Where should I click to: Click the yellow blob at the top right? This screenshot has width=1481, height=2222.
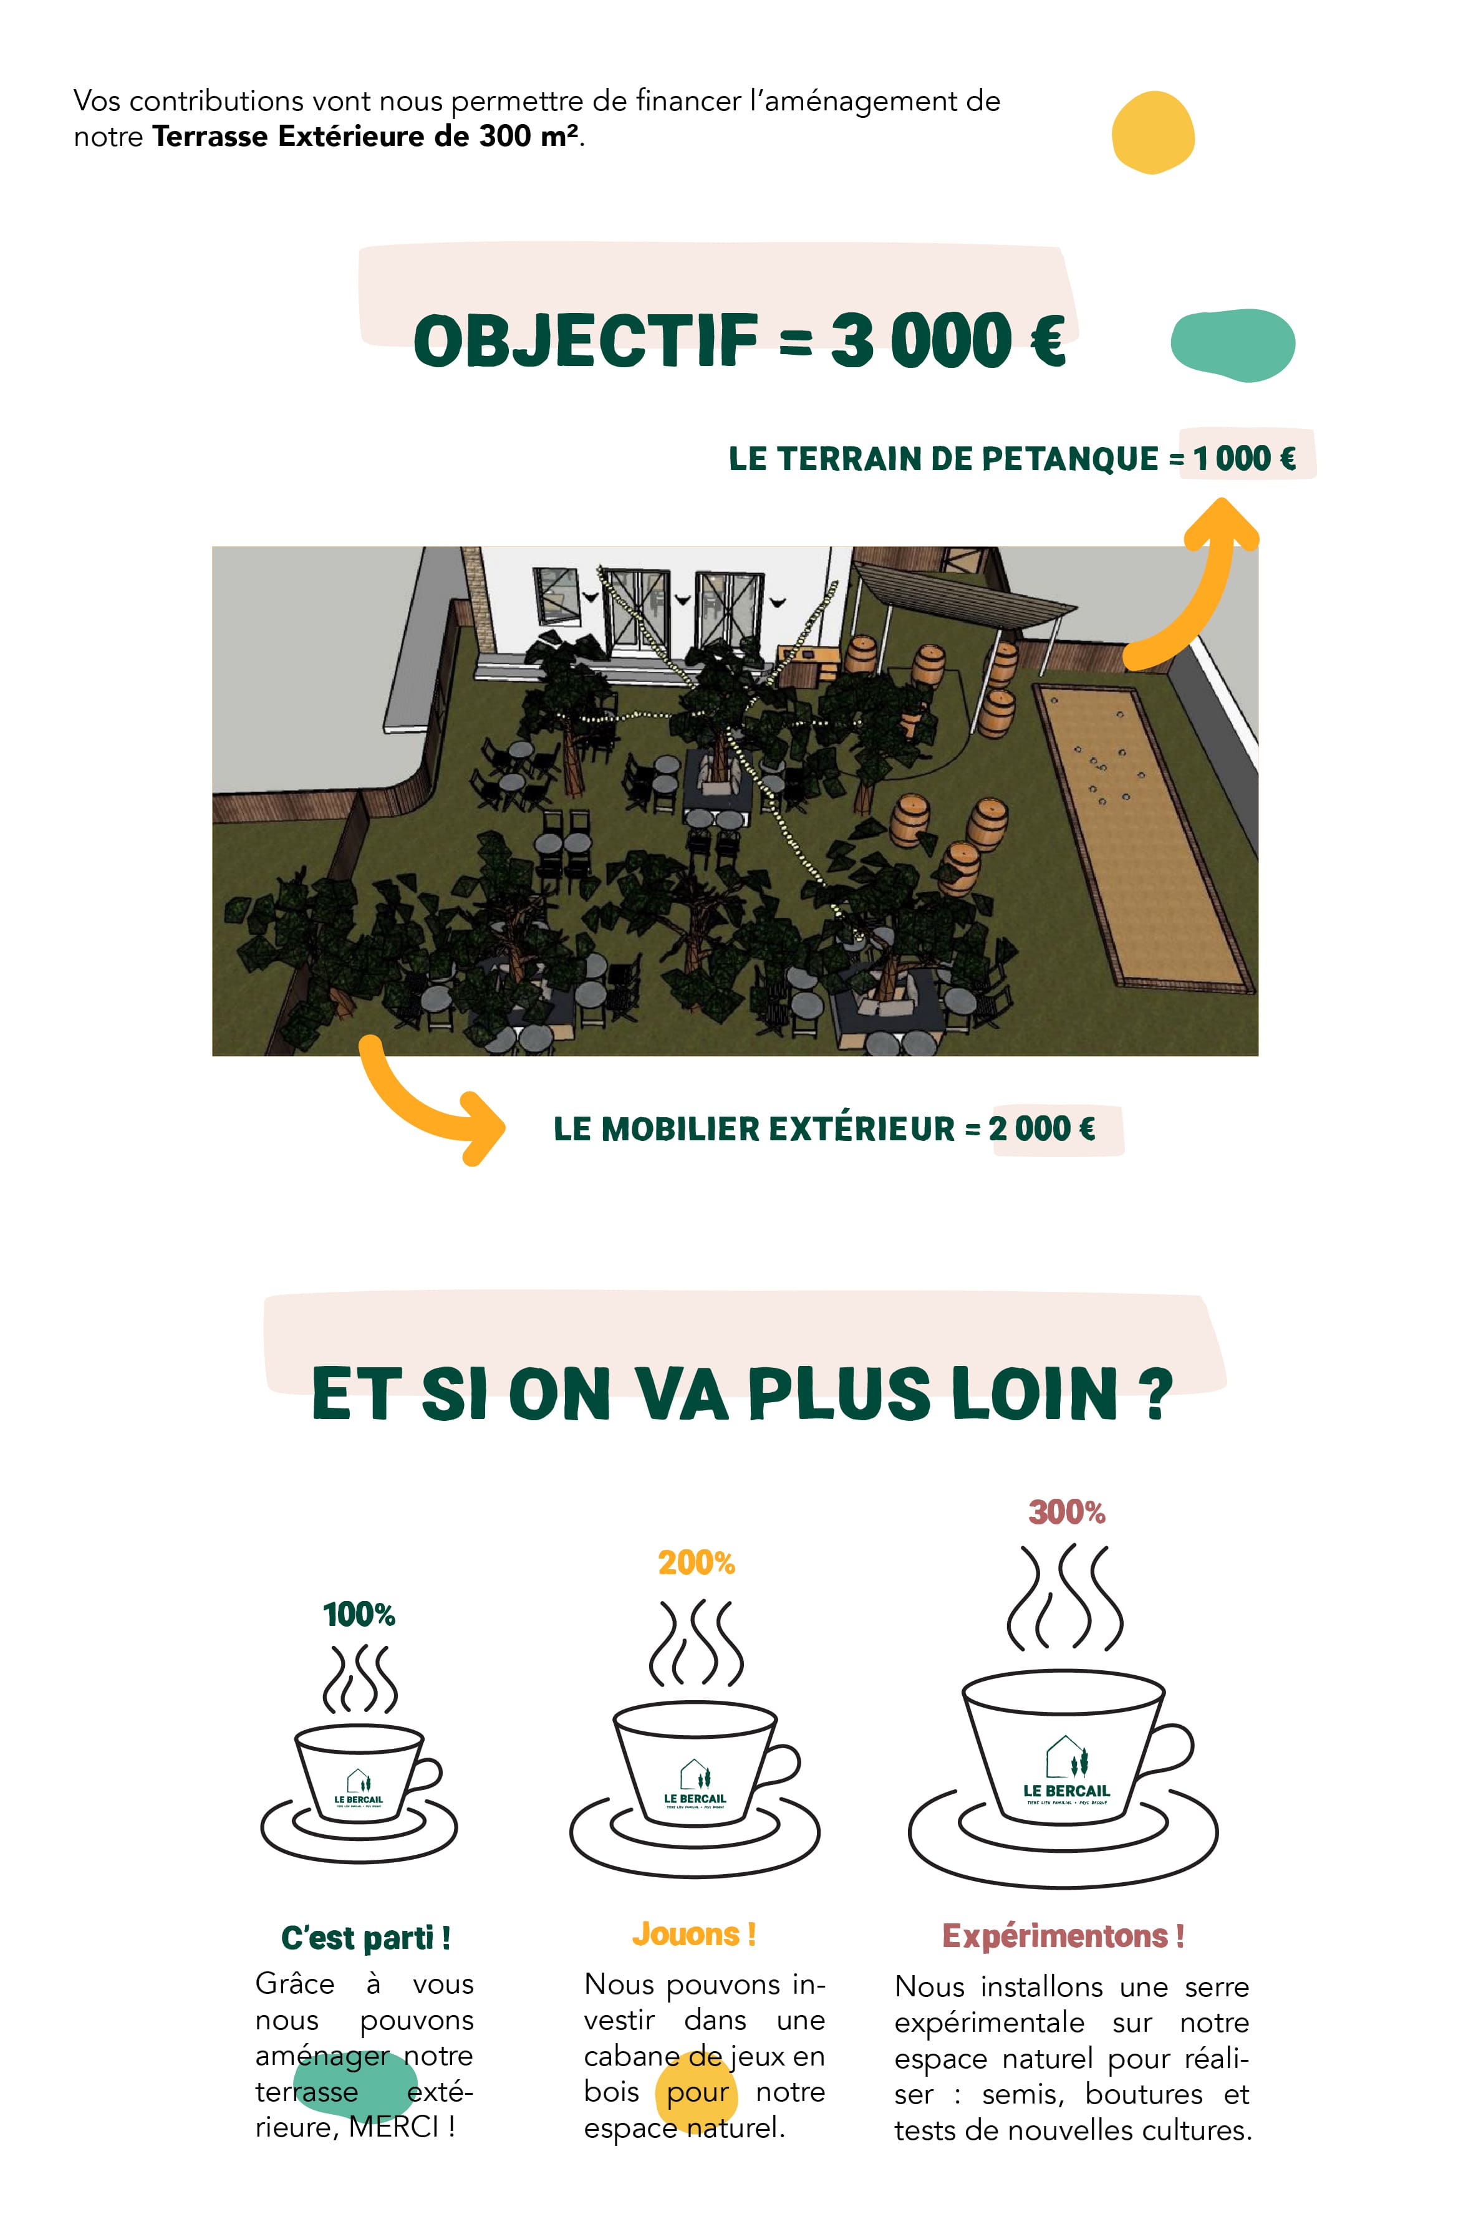[x=1152, y=132]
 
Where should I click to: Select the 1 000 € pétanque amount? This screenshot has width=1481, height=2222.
[x=1244, y=459]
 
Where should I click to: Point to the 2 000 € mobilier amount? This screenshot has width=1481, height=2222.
[x=1042, y=1128]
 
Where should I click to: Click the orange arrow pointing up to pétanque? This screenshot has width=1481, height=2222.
[x=1200, y=585]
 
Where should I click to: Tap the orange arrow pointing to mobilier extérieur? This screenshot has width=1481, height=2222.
[x=425, y=1100]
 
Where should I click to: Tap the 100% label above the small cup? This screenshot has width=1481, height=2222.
[x=359, y=1615]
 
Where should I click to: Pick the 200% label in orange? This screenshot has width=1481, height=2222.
[x=696, y=1563]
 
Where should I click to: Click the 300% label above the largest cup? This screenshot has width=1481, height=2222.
[x=1066, y=1512]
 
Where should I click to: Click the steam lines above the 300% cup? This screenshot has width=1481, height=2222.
[x=1064, y=1598]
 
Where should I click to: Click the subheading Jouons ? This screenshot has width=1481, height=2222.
[x=694, y=1934]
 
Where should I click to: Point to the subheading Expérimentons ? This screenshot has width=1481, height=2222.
[x=1063, y=1936]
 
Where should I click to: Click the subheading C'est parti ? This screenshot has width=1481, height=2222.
[x=365, y=1938]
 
